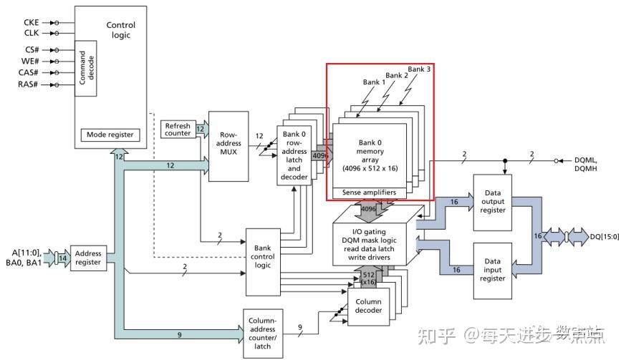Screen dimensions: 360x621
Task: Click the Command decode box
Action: [x=87, y=69]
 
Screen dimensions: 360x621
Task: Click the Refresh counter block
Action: [x=178, y=129]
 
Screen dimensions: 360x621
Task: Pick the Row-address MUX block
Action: [x=228, y=145]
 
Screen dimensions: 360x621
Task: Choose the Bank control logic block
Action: [x=263, y=262]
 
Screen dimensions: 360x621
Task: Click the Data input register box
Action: [x=493, y=271]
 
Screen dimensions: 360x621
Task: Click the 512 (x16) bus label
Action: [x=367, y=279]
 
